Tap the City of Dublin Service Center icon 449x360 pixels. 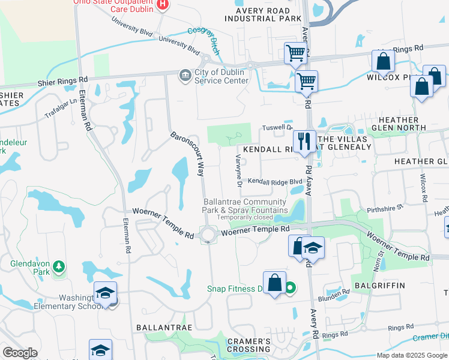click(x=184, y=74)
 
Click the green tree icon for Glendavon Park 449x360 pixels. click(x=58, y=265)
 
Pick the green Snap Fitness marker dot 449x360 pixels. click(x=290, y=289)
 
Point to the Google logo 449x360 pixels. click(x=20, y=353)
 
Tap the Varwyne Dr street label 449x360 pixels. click(x=238, y=169)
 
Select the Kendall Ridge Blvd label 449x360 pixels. click(x=275, y=181)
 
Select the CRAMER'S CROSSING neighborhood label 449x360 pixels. click(x=249, y=345)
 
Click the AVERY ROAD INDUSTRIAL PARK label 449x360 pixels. click(x=263, y=14)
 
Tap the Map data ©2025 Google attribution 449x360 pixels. click(x=412, y=355)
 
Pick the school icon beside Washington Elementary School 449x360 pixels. click(x=106, y=294)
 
